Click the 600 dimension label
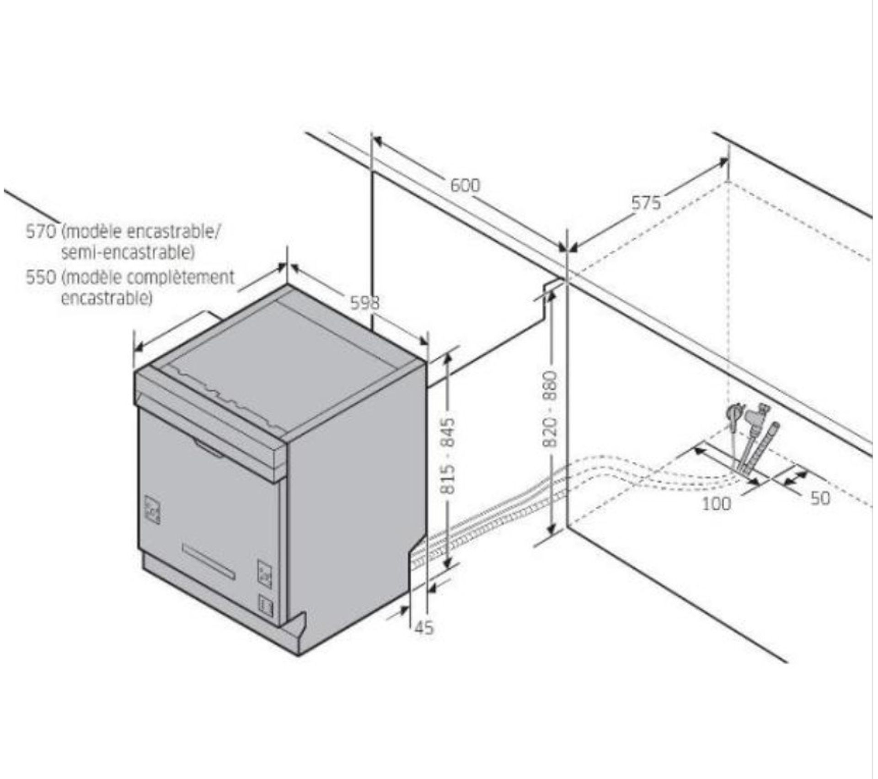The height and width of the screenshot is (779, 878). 466,185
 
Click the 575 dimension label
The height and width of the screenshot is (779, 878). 646,203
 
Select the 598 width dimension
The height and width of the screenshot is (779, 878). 365,303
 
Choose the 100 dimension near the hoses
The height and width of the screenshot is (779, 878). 716,504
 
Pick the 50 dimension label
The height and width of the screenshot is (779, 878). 820,498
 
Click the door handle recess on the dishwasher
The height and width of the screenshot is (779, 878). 209,448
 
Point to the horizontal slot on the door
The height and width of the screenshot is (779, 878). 208,561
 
